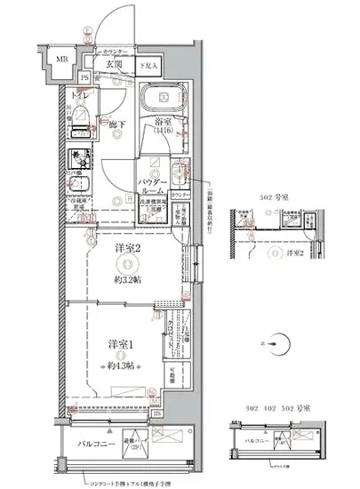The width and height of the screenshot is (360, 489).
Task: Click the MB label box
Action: click(60, 61)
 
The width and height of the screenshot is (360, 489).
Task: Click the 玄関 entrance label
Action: click(113, 64)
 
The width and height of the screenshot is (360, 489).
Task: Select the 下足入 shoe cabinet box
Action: click(148, 65)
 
